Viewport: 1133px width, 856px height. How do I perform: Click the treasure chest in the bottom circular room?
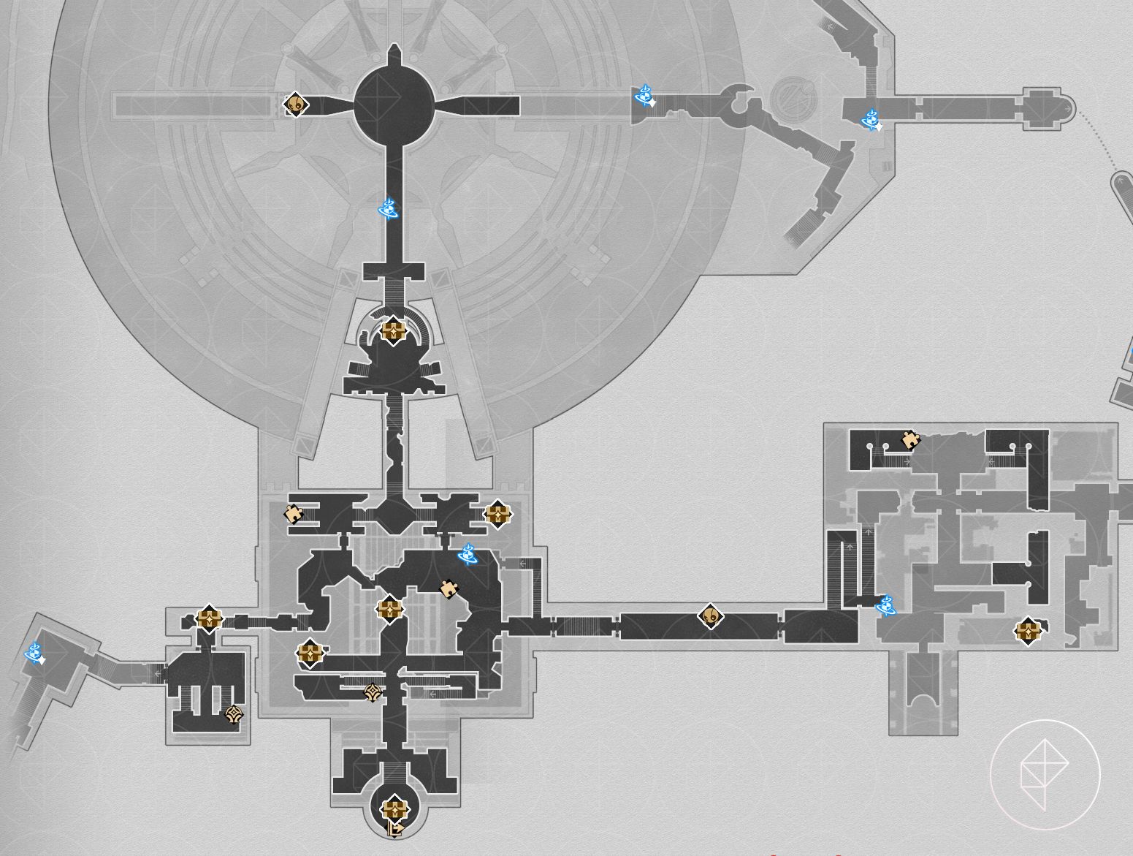[394, 808]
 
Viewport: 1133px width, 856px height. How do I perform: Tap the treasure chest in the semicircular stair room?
[393, 330]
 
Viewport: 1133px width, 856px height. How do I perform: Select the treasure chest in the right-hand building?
[1028, 631]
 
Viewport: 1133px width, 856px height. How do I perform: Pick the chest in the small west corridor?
[209, 618]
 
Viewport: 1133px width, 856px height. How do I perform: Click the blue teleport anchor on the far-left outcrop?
[34, 652]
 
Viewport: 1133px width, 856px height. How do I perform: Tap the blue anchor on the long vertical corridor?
[389, 210]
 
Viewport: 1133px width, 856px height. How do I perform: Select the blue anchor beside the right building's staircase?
[885, 605]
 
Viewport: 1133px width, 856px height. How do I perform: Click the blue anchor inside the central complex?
[468, 555]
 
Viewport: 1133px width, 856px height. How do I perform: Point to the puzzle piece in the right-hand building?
[910, 440]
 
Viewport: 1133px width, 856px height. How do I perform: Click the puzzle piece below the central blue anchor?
[449, 588]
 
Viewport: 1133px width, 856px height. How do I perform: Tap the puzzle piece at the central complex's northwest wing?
[294, 514]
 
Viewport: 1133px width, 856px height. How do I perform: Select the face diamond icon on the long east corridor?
[710, 616]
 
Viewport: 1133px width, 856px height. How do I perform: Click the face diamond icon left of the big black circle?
[296, 105]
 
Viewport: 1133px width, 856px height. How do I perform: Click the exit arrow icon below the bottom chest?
[395, 830]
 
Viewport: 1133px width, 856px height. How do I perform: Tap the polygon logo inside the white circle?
[1045, 774]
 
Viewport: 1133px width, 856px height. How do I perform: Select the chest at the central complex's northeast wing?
[497, 514]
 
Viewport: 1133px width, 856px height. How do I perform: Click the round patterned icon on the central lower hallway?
[373, 692]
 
